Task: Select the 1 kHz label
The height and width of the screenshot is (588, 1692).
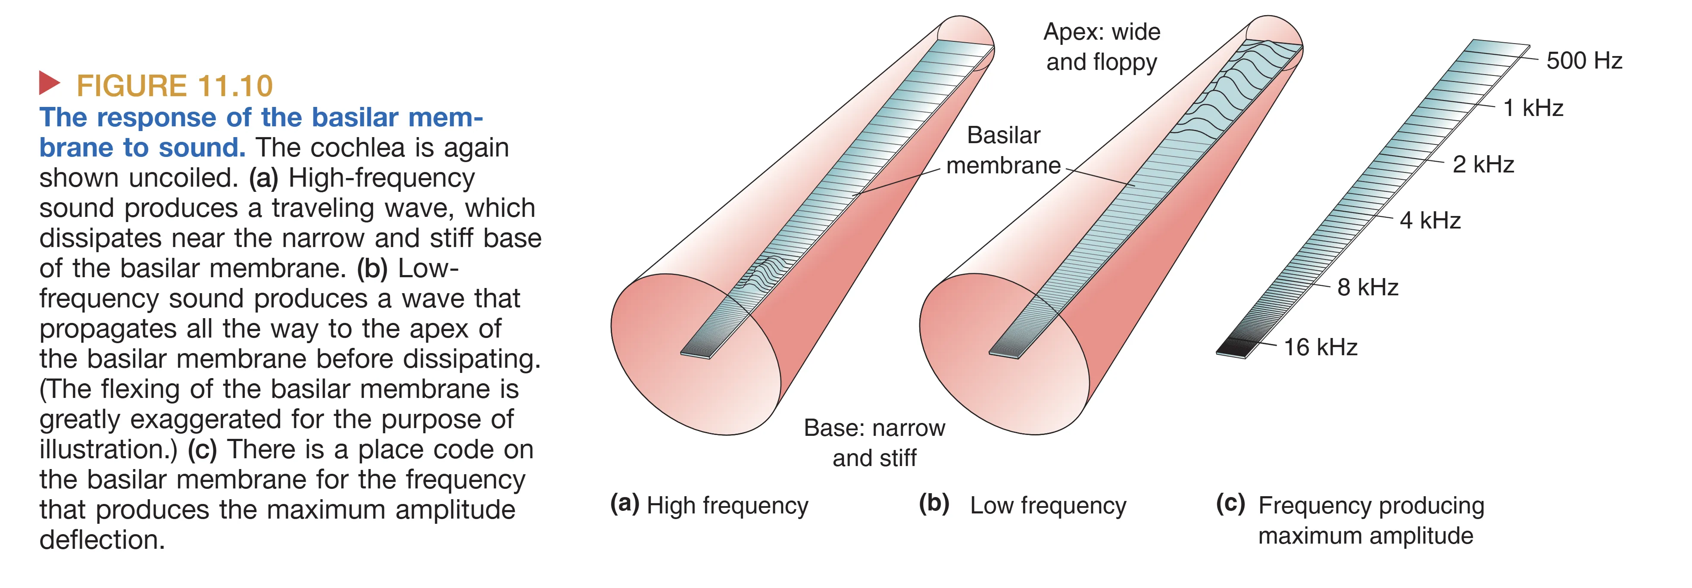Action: point(1533,108)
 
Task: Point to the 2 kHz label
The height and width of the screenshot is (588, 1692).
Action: point(1483,164)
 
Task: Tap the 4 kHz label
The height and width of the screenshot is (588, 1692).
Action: point(1430,221)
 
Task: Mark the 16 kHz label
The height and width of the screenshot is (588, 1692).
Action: point(1320,347)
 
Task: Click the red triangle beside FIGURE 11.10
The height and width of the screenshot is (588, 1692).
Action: point(49,83)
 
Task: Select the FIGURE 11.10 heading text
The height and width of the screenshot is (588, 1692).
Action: point(174,86)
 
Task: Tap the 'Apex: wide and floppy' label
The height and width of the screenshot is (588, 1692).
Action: point(1102,47)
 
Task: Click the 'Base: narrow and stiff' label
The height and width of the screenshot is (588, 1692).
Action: point(874,443)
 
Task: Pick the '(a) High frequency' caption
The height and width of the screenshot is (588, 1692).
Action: point(709,505)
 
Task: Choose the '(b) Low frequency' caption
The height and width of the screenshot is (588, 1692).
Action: point(1022,505)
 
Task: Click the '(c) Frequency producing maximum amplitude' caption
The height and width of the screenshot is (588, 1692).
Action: point(1350,520)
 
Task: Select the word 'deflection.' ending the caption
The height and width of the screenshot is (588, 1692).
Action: point(102,540)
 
